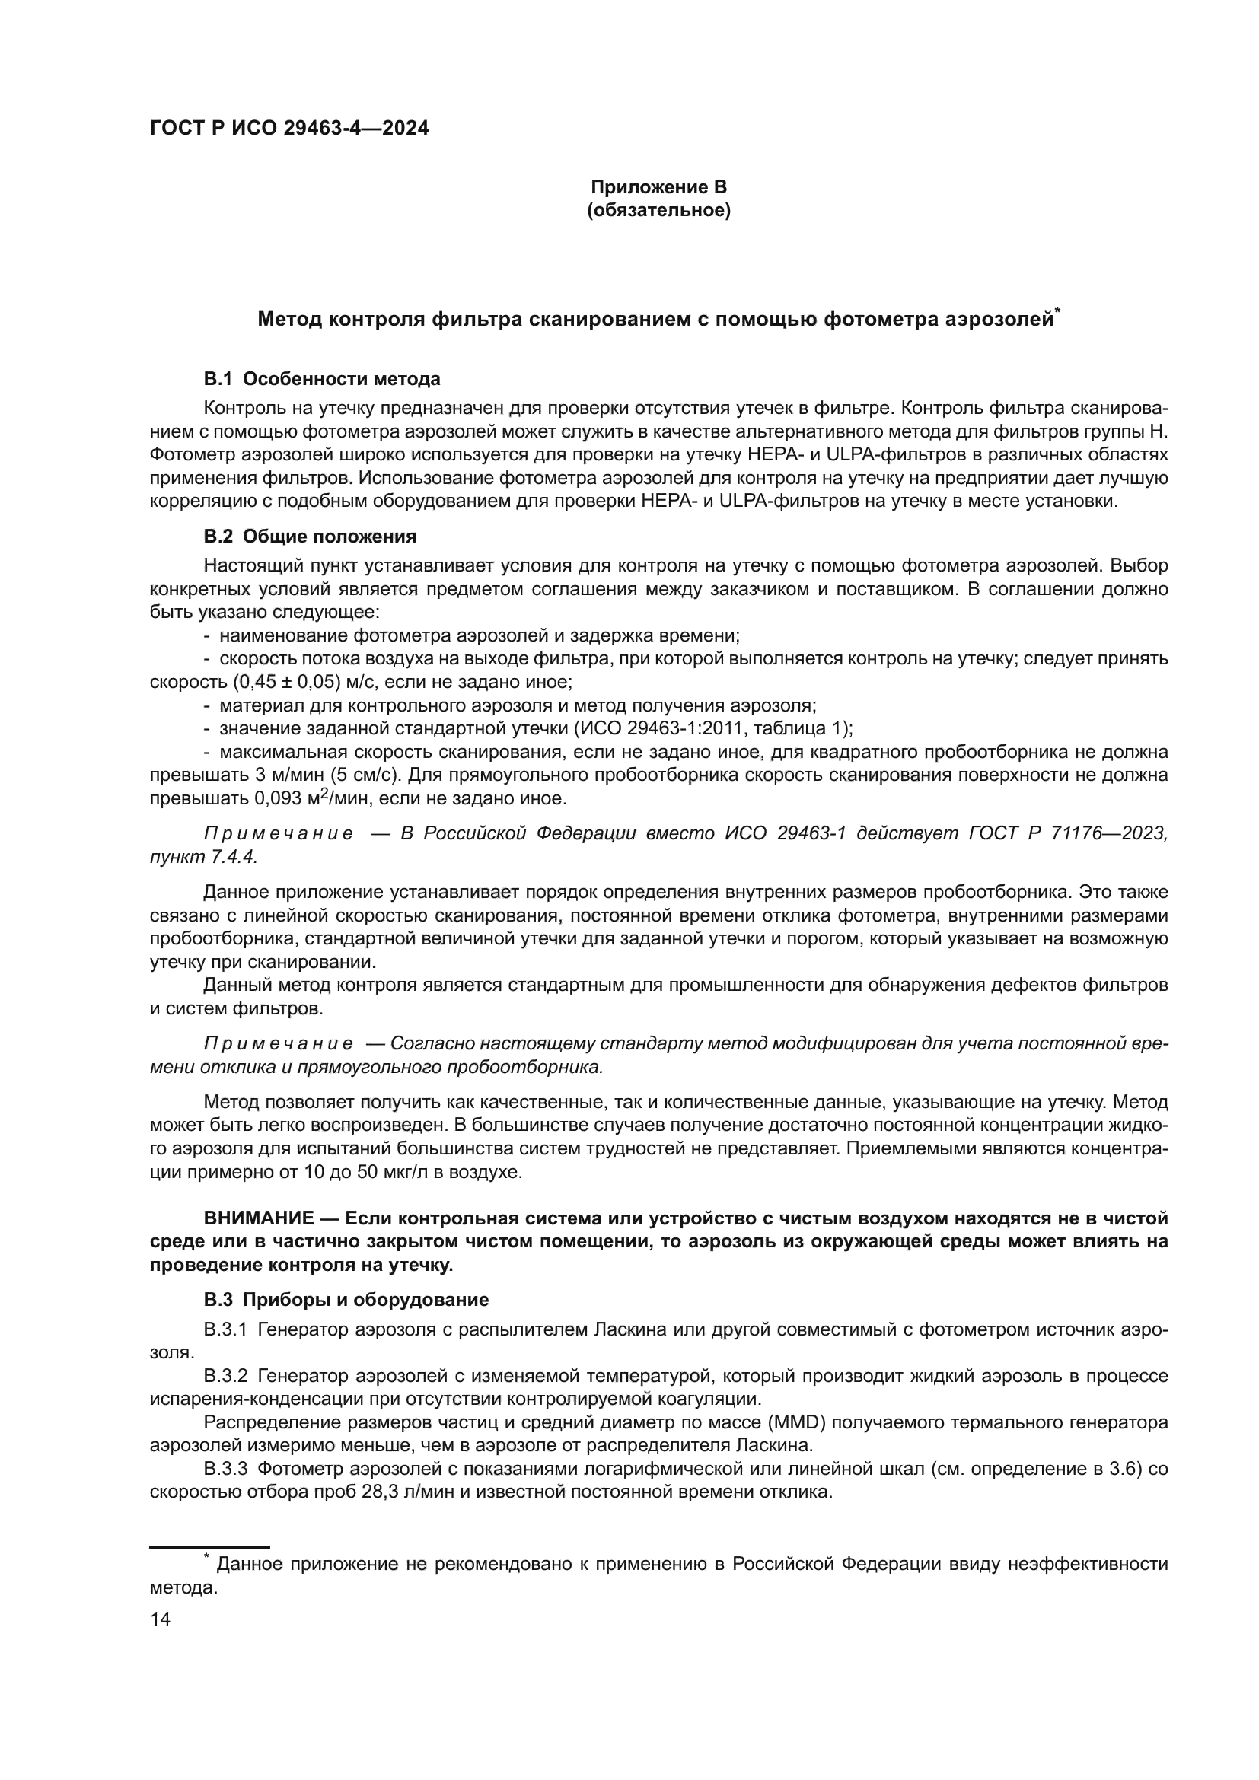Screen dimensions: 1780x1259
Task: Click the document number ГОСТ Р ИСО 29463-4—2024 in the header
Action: pyautogui.click(x=288, y=129)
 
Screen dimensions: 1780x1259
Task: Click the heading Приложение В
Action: pyautogui.click(x=658, y=187)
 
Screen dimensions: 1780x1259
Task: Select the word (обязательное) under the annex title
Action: pyautogui.click(x=658, y=210)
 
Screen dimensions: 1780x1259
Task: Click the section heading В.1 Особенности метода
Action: pyautogui.click(x=322, y=379)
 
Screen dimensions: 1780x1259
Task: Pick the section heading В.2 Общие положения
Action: pyautogui.click(x=309, y=537)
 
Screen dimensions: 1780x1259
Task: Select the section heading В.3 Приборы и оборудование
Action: pyautogui.click(x=346, y=1299)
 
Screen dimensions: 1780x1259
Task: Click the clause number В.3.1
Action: pyautogui.click(x=225, y=1330)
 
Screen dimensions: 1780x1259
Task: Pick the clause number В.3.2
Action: pyautogui.click(x=225, y=1376)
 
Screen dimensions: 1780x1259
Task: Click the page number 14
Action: pyautogui.click(x=161, y=1619)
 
